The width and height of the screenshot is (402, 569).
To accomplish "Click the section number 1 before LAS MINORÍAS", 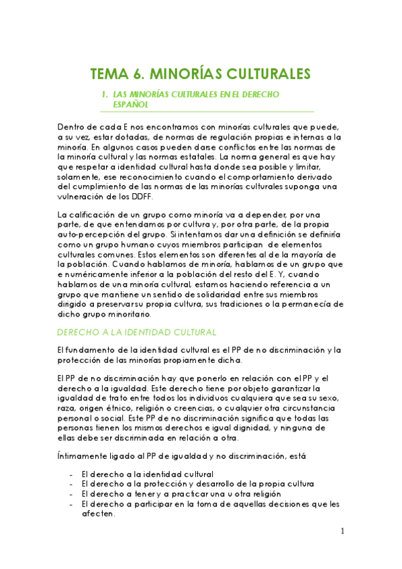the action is coord(103,95).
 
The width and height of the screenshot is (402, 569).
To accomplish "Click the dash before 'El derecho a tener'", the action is coord(72,493).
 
